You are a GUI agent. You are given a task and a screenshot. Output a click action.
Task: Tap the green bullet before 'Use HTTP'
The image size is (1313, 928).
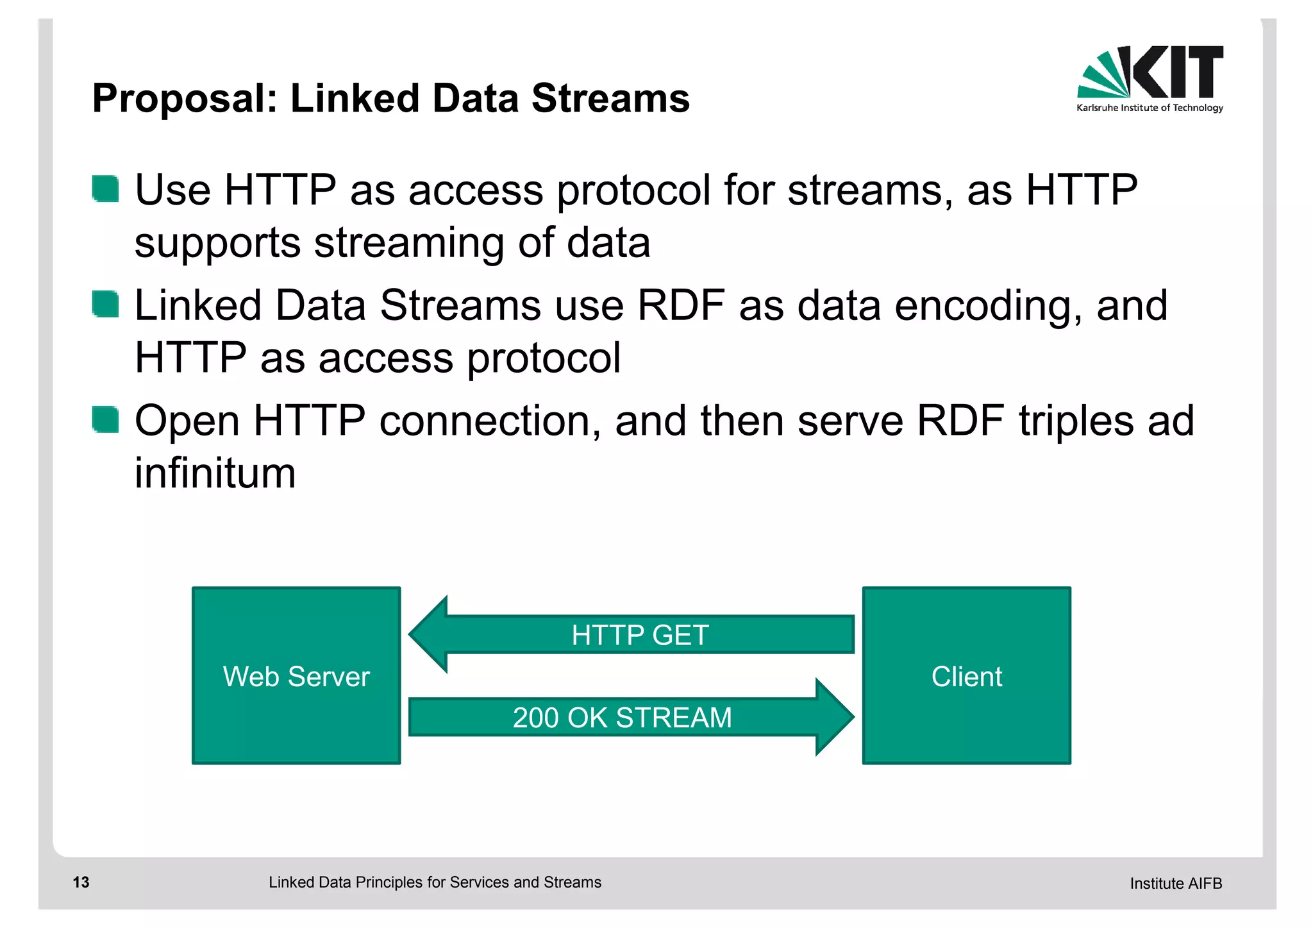[x=105, y=189]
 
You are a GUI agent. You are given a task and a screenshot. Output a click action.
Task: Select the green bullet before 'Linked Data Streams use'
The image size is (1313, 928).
[x=105, y=304]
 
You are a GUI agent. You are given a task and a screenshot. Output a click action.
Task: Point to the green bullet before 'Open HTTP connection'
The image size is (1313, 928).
[x=105, y=419]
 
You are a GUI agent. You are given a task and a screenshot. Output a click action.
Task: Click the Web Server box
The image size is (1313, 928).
[x=296, y=675]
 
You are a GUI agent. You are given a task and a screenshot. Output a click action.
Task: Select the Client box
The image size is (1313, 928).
[x=966, y=675]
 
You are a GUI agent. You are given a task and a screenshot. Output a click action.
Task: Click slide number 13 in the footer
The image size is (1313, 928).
[x=81, y=882]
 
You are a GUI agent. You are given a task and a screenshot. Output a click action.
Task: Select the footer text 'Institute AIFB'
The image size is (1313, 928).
[x=1175, y=883]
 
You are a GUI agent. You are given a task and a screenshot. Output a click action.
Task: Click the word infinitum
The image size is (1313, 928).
[x=215, y=473]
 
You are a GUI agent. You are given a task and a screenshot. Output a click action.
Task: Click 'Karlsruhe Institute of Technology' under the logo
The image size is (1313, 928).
[x=1150, y=108]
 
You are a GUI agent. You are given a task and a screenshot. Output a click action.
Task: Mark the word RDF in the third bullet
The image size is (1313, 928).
[x=960, y=421]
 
